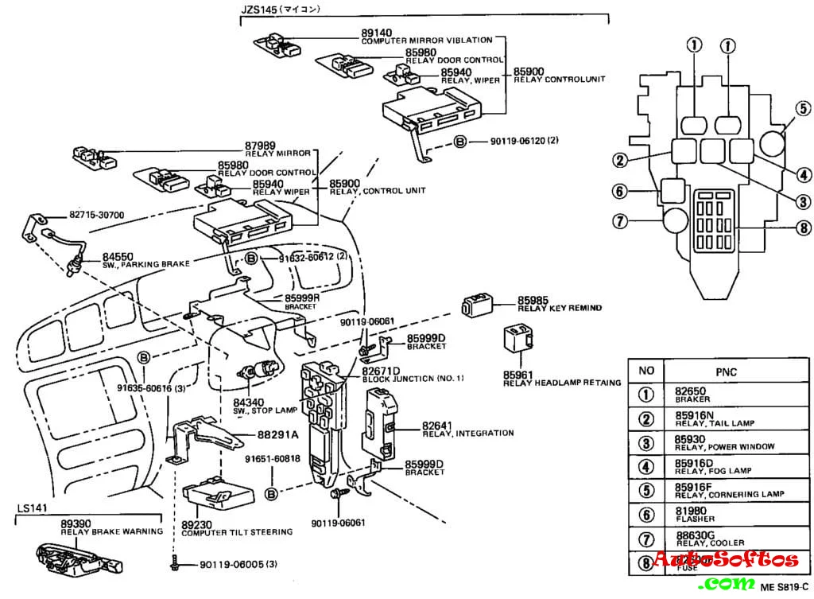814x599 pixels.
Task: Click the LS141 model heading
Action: click(x=33, y=508)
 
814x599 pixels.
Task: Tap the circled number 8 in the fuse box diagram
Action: click(x=803, y=228)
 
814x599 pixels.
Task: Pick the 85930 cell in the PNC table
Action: click(x=690, y=438)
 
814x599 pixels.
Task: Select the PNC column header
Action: click(x=726, y=370)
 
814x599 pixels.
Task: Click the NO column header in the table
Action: click(x=646, y=370)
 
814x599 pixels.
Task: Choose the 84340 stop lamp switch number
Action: click(x=249, y=402)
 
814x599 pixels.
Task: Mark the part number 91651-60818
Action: click(x=272, y=459)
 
